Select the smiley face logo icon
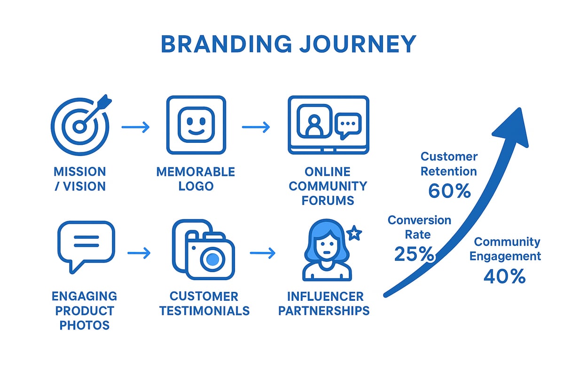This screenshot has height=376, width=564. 196,125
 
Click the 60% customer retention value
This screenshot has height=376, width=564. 449,191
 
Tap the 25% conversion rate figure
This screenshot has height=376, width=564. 414,254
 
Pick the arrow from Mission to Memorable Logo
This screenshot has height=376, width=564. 135,127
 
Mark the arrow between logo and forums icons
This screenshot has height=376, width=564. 256,127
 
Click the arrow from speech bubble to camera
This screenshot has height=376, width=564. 139,253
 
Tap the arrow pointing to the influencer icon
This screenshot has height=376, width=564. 263,253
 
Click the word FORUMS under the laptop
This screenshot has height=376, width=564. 328,201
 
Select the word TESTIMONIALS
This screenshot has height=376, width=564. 204,311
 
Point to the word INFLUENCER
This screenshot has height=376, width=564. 325,297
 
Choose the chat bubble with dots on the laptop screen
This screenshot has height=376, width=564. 348,124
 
